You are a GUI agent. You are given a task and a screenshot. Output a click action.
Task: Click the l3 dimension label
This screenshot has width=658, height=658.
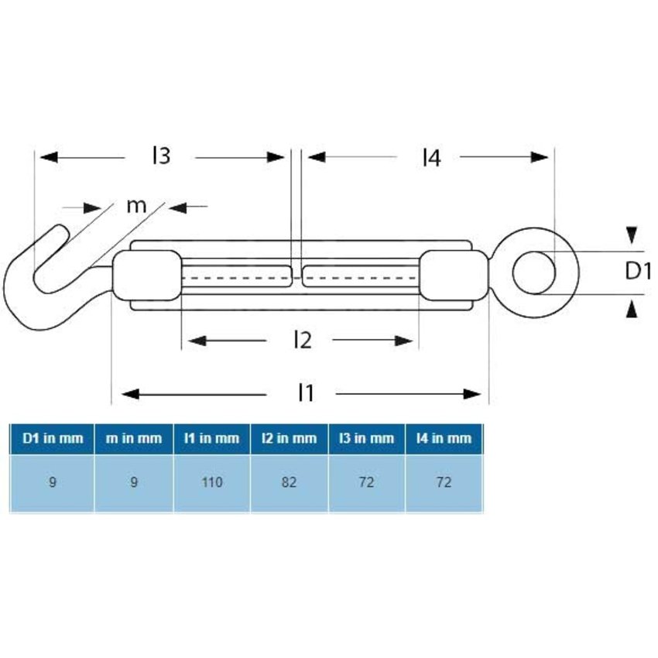[x=160, y=156]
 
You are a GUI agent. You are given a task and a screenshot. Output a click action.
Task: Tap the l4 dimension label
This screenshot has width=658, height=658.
[x=431, y=158]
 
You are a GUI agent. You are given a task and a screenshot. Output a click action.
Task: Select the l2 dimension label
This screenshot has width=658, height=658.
[x=303, y=339]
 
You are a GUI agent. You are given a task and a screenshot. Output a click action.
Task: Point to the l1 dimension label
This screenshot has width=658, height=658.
[x=307, y=393]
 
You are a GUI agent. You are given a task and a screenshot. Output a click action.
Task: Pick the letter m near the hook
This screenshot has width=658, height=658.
[x=136, y=206]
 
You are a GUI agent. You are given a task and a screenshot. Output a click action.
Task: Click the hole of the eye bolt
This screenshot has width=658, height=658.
[x=534, y=271]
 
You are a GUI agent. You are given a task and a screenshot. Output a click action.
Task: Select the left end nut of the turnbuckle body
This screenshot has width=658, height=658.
[x=146, y=276]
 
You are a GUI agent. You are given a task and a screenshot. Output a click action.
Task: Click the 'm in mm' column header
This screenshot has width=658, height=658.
[x=134, y=438]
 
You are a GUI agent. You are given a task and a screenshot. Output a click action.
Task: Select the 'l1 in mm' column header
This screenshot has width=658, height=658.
[x=211, y=438]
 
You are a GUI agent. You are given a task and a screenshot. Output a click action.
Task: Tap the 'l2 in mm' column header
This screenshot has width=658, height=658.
[x=290, y=438]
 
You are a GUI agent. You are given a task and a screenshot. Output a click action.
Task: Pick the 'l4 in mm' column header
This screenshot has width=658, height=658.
[x=444, y=438]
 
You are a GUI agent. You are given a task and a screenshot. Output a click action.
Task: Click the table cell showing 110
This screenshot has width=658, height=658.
[x=211, y=482]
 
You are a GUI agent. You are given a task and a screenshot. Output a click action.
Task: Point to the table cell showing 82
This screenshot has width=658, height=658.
[x=290, y=482]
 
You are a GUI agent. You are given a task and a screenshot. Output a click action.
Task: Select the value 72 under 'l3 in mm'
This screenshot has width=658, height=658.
[x=367, y=482]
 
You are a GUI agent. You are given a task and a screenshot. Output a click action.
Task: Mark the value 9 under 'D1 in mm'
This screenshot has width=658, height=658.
[x=53, y=482]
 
